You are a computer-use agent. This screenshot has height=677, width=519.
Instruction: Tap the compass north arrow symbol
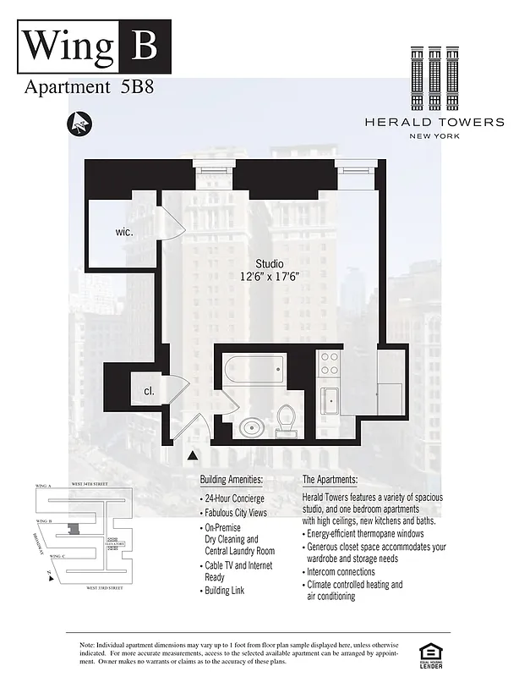[80, 124]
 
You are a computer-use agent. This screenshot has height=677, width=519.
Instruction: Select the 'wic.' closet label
[125, 231]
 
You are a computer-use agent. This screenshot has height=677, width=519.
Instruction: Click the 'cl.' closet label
[149, 392]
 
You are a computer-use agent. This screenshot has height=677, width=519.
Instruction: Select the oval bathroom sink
[251, 427]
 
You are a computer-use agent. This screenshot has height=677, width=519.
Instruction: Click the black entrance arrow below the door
[193, 456]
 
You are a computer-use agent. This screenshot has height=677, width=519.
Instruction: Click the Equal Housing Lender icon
[432, 652]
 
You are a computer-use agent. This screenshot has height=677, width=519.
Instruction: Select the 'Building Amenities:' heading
[232, 479]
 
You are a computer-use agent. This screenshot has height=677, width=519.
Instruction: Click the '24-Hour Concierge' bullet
[233, 498]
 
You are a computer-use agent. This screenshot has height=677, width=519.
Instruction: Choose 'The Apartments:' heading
[336, 479]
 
